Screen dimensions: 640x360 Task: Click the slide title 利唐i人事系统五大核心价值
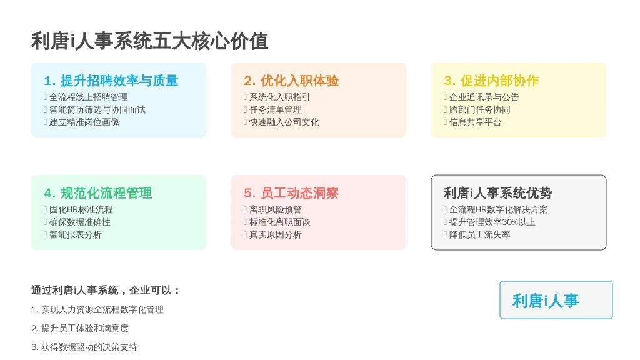[x=150, y=41]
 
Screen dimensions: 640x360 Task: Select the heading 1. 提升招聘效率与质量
[x=111, y=81]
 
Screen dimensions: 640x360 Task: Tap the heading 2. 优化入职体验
[x=291, y=81]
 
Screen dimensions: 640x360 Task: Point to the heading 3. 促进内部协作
[x=491, y=81]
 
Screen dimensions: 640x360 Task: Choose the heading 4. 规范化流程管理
[x=98, y=193]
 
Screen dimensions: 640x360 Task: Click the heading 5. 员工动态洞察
[x=291, y=193]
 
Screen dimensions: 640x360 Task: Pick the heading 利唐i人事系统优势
[x=497, y=193]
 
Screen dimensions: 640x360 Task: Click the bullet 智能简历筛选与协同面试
[x=97, y=110]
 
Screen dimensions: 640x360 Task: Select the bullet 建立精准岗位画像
[x=84, y=122]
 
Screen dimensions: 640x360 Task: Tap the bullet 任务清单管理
[x=276, y=110]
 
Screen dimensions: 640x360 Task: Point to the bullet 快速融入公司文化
[x=284, y=122]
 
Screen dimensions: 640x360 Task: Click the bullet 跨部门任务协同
[x=479, y=110]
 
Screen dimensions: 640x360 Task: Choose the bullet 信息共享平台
[x=475, y=122]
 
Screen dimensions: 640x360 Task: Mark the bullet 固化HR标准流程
[x=81, y=210]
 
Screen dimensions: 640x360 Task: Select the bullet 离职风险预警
[x=276, y=210]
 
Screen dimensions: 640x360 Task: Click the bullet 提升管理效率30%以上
[x=492, y=222]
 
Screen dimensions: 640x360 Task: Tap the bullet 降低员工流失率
[x=479, y=235]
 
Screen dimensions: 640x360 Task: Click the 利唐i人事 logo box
[x=556, y=300]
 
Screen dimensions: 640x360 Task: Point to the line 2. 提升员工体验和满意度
[x=80, y=329]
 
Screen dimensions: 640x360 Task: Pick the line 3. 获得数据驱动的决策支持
[x=84, y=347]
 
